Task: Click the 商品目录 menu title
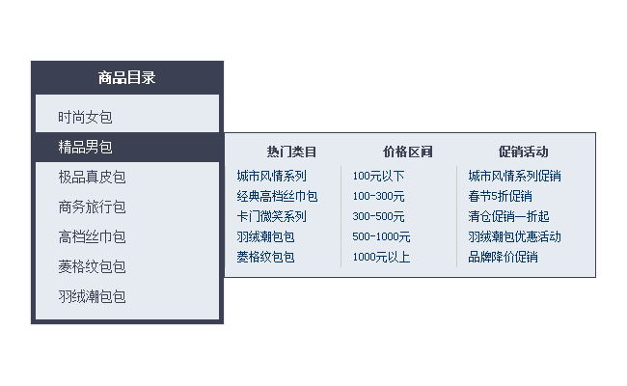pyautogui.click(x=126, y=78)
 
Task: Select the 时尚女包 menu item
pyautogui.click(x=85, y=117)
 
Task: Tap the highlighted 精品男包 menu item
pyautogui.click(x=85, y=147)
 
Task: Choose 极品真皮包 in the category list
pyautogui.click(x=92, y=177)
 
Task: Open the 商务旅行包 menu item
pyautogui.click(x=92, y=207)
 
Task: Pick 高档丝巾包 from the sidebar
pyautogui.click(x=92, y=236)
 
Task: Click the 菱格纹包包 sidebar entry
pyautogui.click(x=92, y=266)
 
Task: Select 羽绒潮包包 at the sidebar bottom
pyautogui.click(x=92, y=296)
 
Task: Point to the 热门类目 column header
pyautogui.click(x=291, y=152)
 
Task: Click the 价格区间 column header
pyautogui.click(x=407, y=152)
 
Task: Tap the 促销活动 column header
pyautogui.click(x=523, y=152)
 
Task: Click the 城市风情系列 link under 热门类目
pyautogui.click(x=271, y=176)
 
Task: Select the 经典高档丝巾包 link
pyautogui.click(x=277, y=196)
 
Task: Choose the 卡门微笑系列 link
pyautogui.click(x=271, y=216)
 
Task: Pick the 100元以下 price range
pyautogui.click(x=378, y=176)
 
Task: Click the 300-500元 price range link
pyautogui.click(x=378, y=216)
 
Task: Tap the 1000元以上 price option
pyautogui.click(x=381, y=257)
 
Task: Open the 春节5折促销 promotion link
pyautogui.click(x=500, y=196)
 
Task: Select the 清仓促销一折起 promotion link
pyautogui.click(x=508, y=216)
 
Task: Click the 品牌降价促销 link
pyautogui.click(x=503, y=257)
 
